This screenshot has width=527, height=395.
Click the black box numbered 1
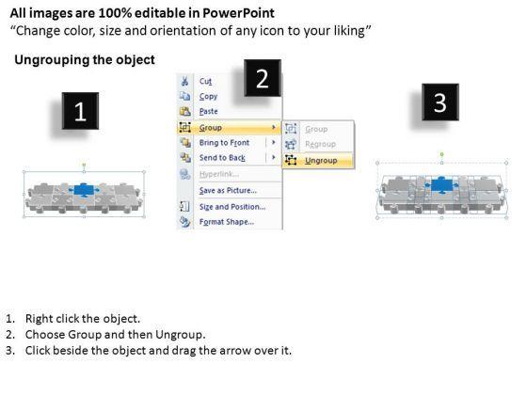coord(80,111)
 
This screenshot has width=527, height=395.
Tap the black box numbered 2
coord(263,78)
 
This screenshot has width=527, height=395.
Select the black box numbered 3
coord(440,103)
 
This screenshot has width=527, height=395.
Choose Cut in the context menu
coord(205,81)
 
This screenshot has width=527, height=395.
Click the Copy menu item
coord(208,96)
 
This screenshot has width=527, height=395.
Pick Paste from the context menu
coord(208,111)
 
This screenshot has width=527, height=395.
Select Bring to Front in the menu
coord(224,142)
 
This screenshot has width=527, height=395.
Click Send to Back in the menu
coord(222,158)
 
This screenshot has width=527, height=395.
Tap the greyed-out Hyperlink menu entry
coord(219,174)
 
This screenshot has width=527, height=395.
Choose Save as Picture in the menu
coord(228,190)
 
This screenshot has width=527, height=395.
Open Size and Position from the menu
coord(232,207)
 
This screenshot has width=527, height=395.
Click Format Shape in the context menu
coord(227,222)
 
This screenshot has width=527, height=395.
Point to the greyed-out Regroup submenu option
coord(320,144)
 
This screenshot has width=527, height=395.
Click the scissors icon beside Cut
coord(184,81)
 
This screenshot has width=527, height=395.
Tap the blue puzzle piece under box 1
coord(84,190)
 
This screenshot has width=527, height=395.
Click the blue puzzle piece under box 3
coord(441,185)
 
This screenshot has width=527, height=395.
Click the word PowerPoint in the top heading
coord(238,13)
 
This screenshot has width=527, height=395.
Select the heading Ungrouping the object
coord(85,60)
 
